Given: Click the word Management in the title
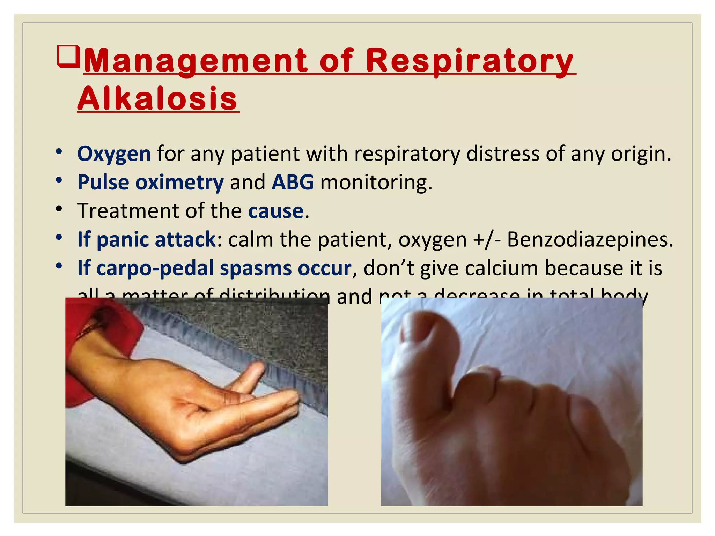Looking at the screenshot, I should (196, 61).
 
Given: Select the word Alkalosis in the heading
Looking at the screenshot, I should (158, 98).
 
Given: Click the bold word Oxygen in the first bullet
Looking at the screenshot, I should (114, 154).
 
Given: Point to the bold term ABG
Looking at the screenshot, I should (293, 182).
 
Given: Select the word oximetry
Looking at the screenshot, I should (179, 183).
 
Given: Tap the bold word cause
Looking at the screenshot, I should (276, 211).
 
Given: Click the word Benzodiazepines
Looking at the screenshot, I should (590, 239).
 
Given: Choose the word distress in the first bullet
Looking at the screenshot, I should (503, 154).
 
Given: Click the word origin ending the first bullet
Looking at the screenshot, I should (640, 154).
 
